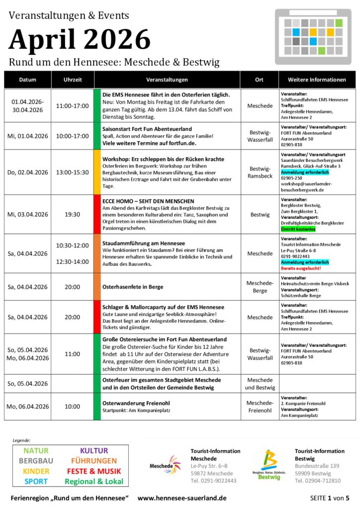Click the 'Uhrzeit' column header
pyautogui.click(x=73, y=80)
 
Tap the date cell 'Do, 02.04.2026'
pyautogui.click(x=28, y=172)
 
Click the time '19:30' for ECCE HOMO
pyautogui.click(x=73, y=214)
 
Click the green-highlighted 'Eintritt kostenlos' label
pyautogui.click(x=298, y=230)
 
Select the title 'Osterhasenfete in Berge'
pyautogui.click(x=133, y=287)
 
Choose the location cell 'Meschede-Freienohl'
pyautogui.click(x=260, y=407)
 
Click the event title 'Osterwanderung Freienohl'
pyautogui.click(x=135, y=403)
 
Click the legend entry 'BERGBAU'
pyautogui.click(x=36, y=461)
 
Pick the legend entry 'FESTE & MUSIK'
pyautogui.click(x=94, y=471)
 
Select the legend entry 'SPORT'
pyautogui.click(x=36, y=481)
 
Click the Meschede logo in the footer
pyautogui.click(x=166, y=466)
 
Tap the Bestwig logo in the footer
pyautogui.click(x=269, y=465)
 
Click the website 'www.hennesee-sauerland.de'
pyautogui.click(x=182, y=498)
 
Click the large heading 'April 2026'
pyautogui.click(x=80, y=39)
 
